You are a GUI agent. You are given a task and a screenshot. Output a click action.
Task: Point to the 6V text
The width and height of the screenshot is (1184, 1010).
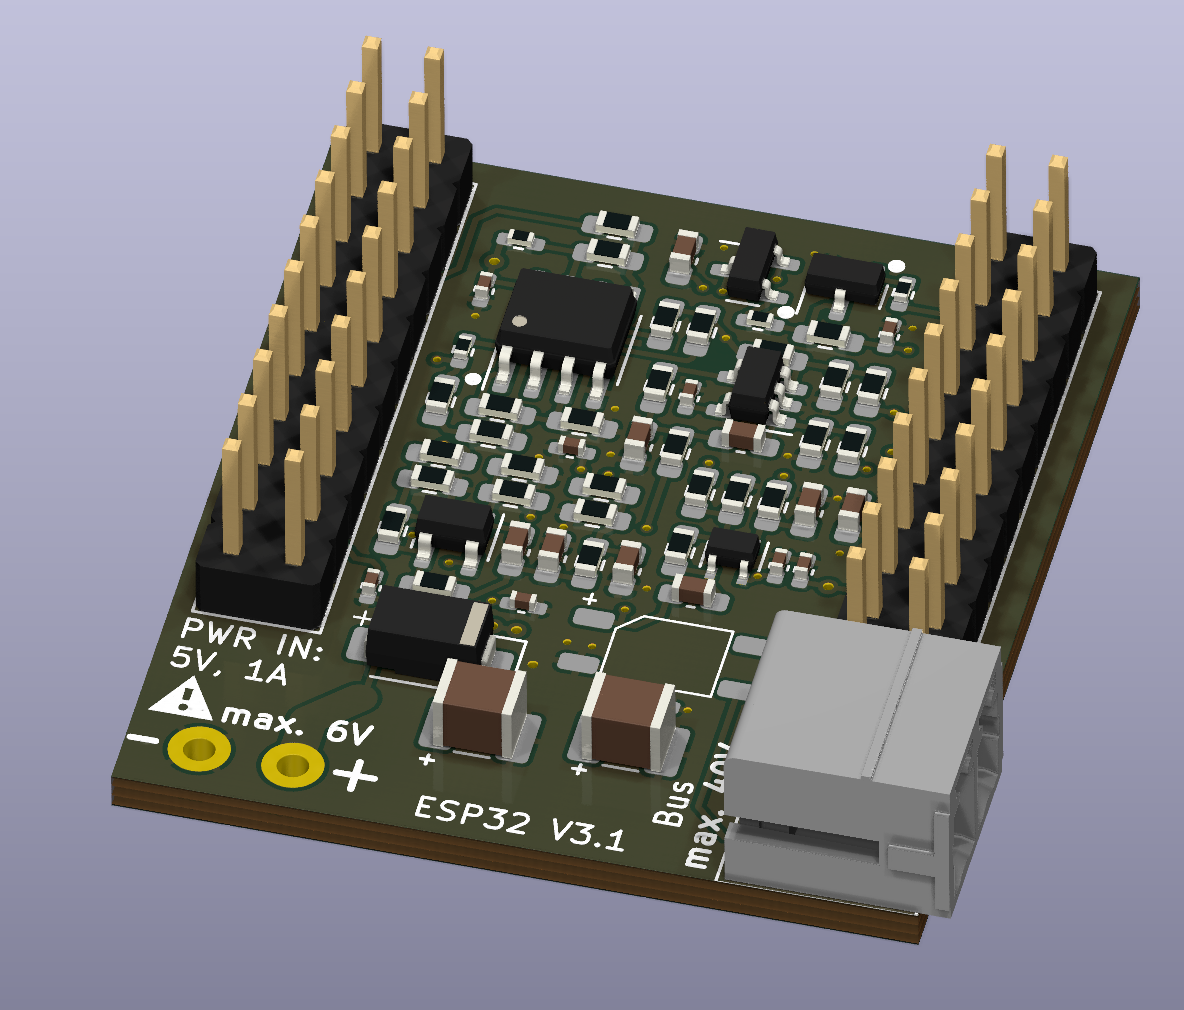[349, 733]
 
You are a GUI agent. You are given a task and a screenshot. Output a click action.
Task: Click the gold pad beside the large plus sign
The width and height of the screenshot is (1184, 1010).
[292, 766]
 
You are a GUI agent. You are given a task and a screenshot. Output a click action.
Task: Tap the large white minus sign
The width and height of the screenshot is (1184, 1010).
[144, 740]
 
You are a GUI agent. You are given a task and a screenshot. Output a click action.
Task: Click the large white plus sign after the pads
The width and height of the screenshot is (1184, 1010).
[355, 776]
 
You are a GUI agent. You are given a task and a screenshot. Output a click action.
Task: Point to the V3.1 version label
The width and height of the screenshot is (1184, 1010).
[587, 835]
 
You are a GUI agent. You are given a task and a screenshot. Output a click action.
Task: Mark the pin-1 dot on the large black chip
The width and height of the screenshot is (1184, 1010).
[518, 321]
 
